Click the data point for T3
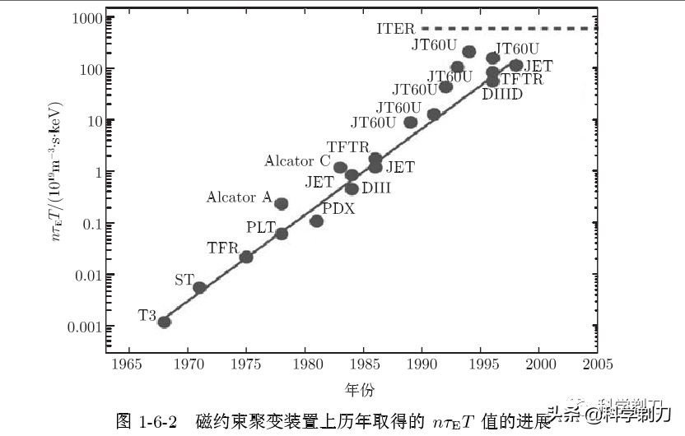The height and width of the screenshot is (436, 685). pos(164,322)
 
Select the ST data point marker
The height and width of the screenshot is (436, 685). pos(199,287)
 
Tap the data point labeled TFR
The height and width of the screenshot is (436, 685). pos(246,257)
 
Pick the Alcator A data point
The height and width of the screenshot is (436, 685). pos(282,204)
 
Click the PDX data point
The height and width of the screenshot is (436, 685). pos(316,220)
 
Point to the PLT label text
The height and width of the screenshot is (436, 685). pos(262,226)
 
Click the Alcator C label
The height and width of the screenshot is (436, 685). pos(296,161)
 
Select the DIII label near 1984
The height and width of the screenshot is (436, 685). pos(376,188)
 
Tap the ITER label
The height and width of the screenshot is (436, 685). pos(395,29)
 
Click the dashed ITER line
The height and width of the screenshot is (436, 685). pos(510,29)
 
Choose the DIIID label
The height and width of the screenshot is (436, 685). pos(501,95)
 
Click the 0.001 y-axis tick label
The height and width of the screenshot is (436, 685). pos(82,327)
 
